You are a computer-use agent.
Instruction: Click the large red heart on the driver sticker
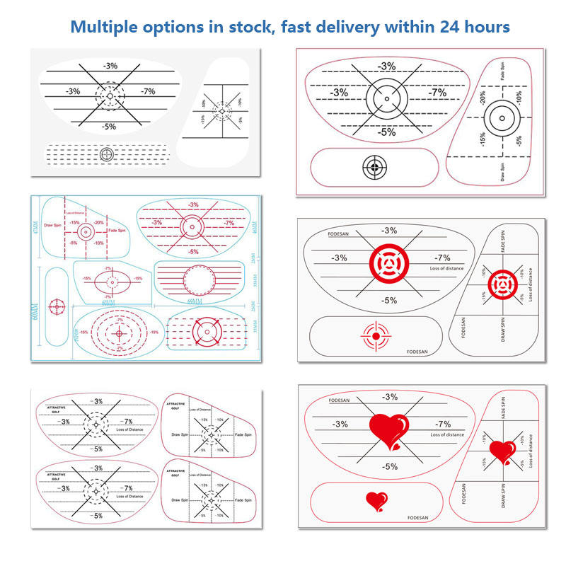coord(388,429)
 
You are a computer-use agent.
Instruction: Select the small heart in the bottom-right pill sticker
coord(376,502)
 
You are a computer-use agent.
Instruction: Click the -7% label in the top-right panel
coord(438,93)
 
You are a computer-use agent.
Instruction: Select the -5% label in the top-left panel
coord(109,127)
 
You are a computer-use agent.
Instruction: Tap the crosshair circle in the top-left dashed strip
coord(107,154)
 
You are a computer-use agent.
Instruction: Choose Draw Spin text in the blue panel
coord(54,226)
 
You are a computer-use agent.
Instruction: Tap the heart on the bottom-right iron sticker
coord(503,451)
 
